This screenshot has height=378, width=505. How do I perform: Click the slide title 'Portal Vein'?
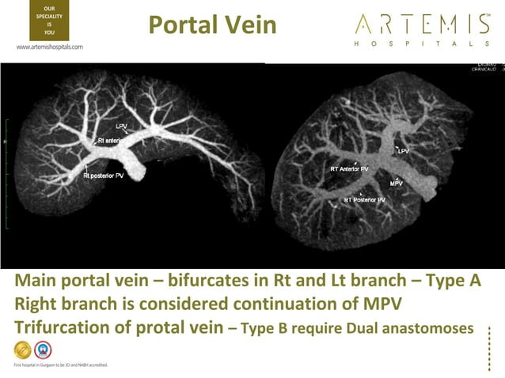coord(212,25)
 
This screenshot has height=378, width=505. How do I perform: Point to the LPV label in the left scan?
coord(122,126)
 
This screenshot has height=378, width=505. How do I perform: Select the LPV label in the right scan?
coord(404,150)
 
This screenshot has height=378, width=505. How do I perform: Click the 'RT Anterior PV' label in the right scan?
coord(349,168)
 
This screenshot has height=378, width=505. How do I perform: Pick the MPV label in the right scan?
coord(397,183)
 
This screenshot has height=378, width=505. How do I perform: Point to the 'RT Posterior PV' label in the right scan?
coord(365,201)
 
